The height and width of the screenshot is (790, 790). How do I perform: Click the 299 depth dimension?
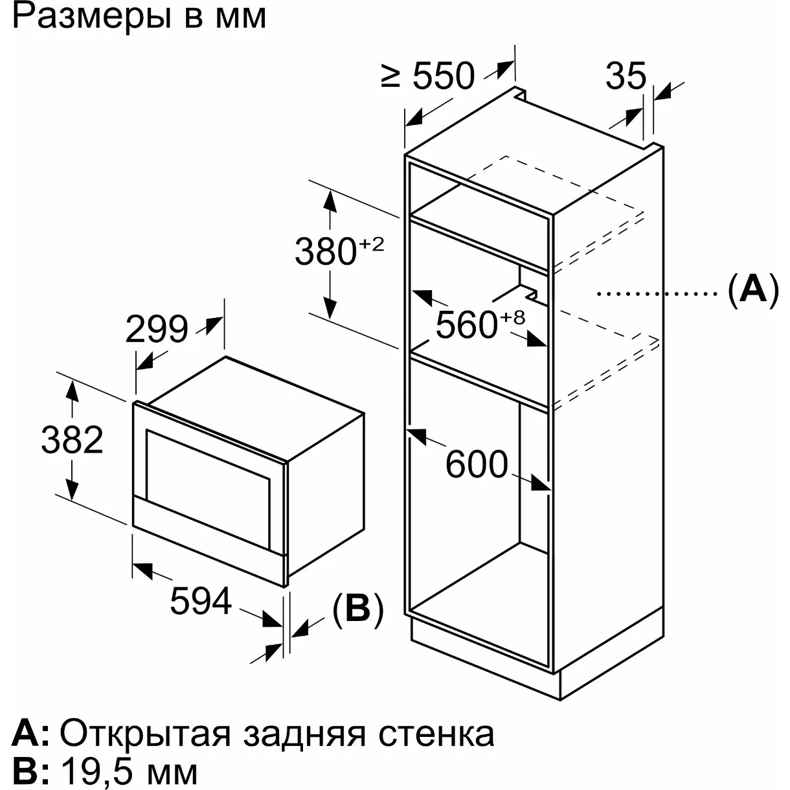tap(156, 330)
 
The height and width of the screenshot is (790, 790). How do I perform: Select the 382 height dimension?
tap(72, 440)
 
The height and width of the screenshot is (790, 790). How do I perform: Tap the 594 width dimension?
tap(201, 600)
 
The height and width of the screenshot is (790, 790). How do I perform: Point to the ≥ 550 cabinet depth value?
tap(428, 76)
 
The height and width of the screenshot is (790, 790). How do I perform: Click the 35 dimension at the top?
tap(626, 76)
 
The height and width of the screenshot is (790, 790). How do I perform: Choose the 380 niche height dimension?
tap(326, 252)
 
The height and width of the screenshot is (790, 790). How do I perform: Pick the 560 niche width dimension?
tap(466, 324)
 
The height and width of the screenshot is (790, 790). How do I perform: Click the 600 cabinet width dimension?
tap(477, 464)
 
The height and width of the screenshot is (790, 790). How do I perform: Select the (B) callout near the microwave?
tap(358, 609)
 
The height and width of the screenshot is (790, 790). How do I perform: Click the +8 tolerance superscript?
tap(512, 317)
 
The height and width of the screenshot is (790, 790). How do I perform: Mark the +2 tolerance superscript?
tap(372, 244)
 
